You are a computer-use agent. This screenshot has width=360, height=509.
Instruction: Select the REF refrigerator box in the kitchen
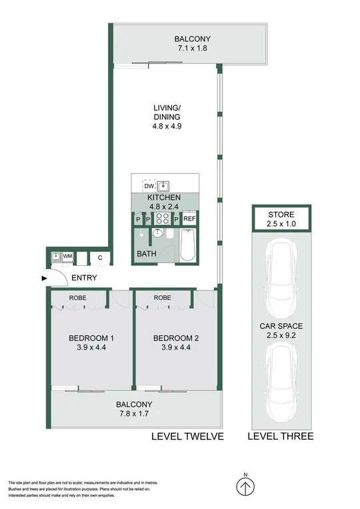189,219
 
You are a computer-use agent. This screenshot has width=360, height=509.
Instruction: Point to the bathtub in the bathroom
187,245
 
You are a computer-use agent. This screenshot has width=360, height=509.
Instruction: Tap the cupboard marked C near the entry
99,257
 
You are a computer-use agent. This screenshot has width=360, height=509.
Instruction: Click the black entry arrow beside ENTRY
45,278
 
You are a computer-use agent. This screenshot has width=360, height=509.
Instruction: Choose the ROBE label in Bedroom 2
162,298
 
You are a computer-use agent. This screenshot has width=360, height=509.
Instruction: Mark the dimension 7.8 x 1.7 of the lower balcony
135,414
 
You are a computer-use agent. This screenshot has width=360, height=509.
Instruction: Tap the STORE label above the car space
281,215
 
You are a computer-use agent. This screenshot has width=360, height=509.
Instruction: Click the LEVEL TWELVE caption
187,436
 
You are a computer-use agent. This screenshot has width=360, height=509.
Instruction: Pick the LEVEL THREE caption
280,436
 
